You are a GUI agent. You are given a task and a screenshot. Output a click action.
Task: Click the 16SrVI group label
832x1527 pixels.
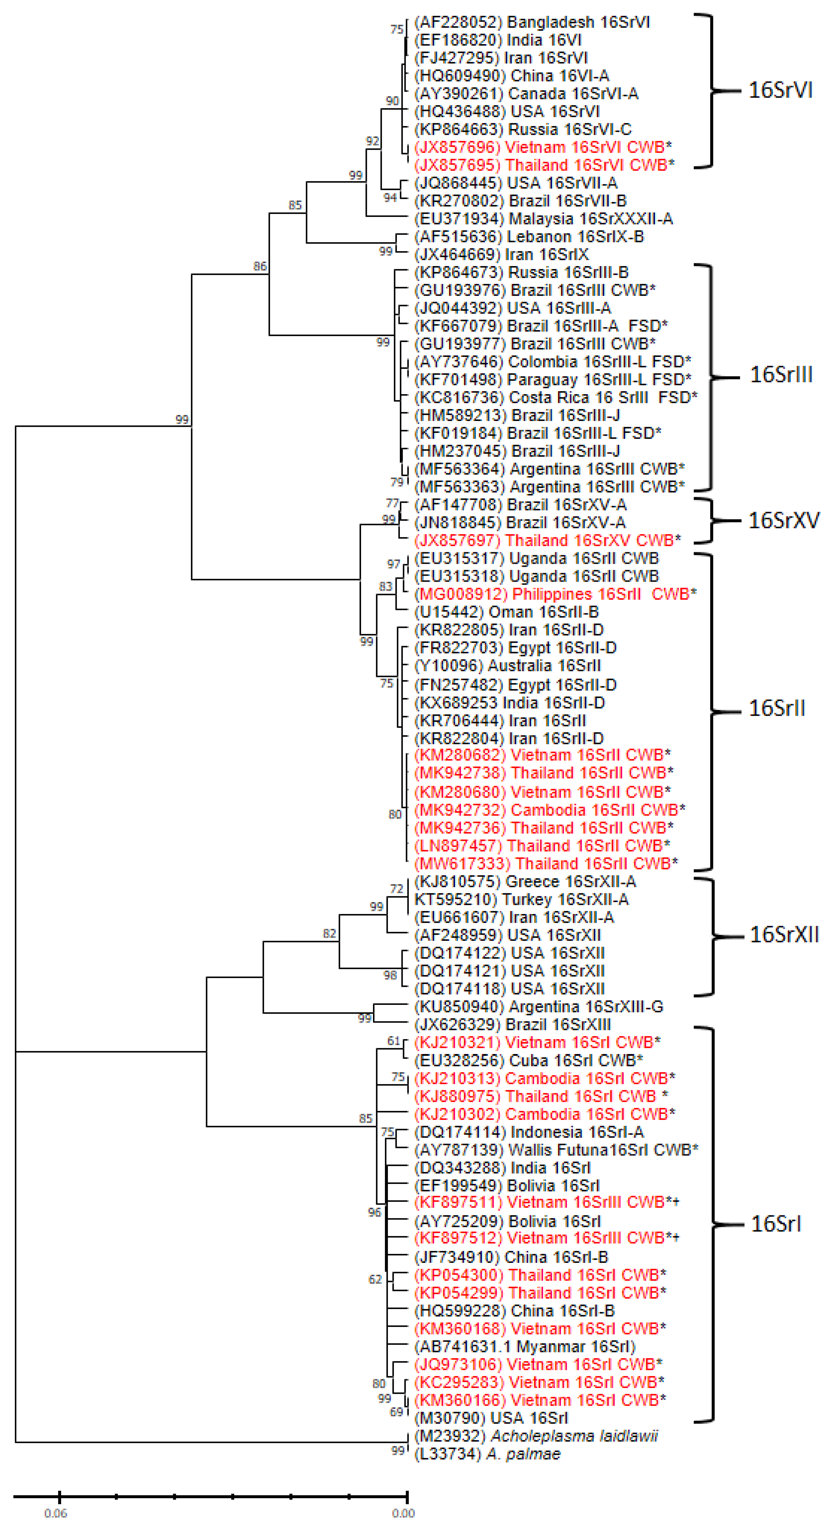click(780, 90)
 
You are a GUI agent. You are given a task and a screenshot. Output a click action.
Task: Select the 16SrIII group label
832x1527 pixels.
click(781, 375)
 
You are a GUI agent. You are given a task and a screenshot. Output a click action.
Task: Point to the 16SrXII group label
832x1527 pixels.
click(784, 935)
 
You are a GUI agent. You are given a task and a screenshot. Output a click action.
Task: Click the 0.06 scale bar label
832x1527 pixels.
click(56, 1513)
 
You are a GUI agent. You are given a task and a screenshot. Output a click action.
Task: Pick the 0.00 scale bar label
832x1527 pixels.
click(403, 1513)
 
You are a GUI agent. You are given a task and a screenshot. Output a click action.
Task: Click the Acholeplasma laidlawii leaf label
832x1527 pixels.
click(535, 1436)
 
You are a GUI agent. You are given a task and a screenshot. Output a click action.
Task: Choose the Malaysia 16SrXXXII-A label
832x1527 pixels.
click(543, 219)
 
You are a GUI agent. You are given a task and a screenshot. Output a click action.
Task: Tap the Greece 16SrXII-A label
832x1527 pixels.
click(525, 881)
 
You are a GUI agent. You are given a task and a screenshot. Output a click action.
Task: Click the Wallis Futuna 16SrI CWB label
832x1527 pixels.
click(556, 1150)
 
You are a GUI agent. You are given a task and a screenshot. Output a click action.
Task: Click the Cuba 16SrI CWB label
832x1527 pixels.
click(528, 1060)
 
